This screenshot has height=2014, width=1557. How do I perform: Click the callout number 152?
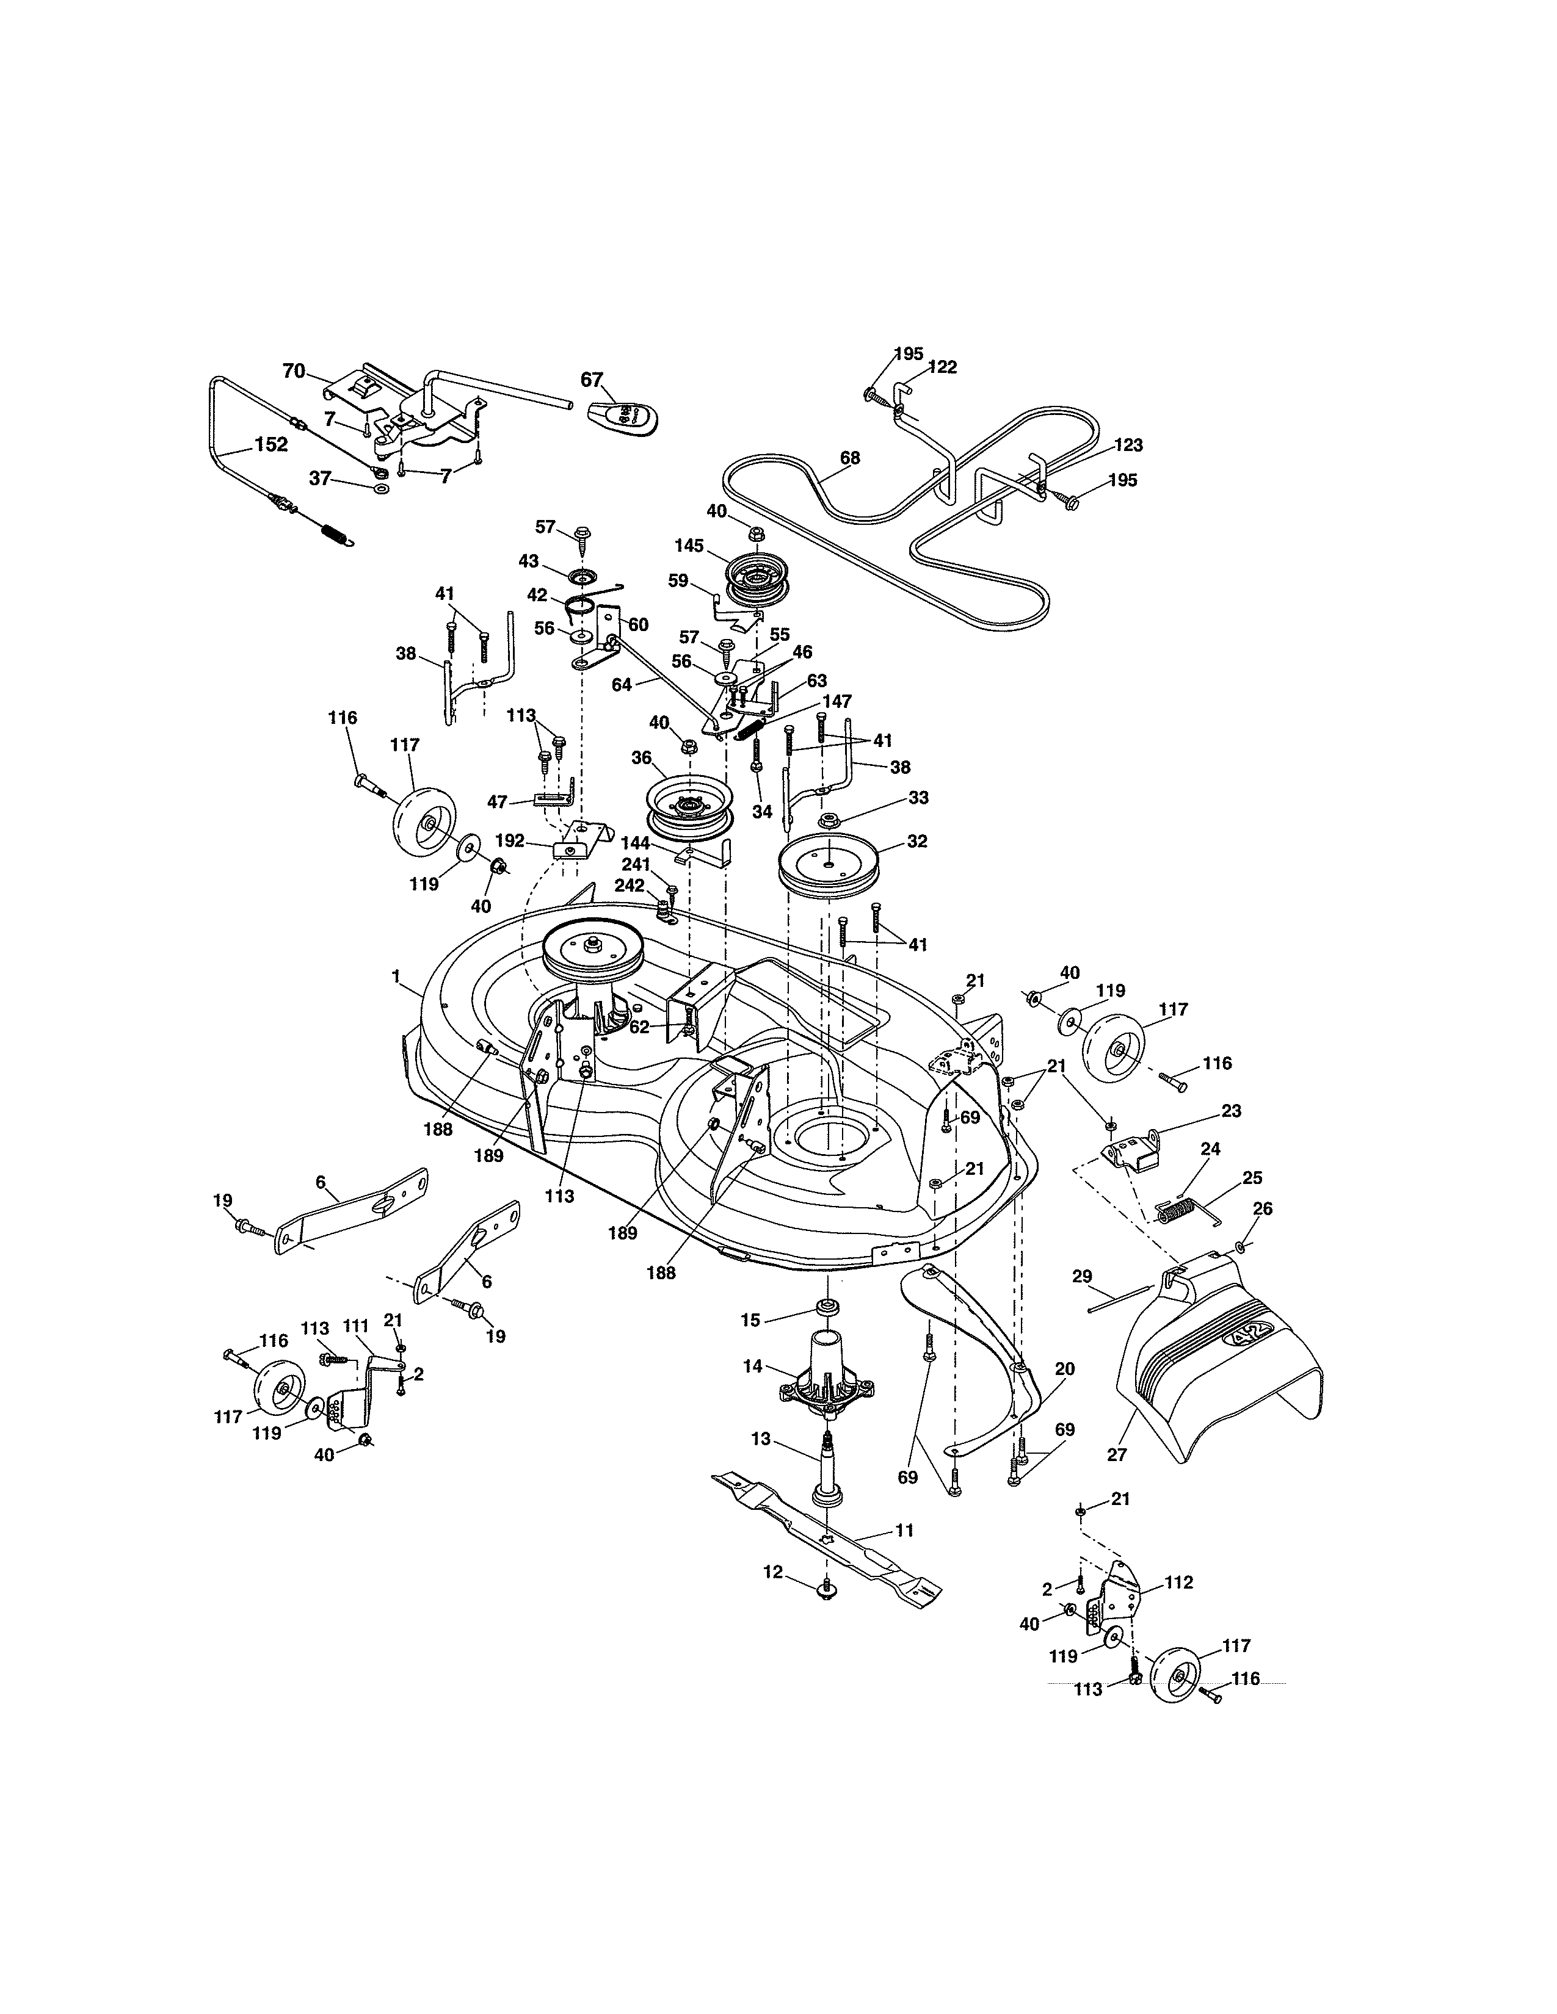click(x=270, y=444)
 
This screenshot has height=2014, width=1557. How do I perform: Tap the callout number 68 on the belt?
click(x=849, y=457)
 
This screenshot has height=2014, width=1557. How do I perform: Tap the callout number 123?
click(x=1127, y=446)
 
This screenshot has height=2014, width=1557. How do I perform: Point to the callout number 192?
click(x=509, y=841)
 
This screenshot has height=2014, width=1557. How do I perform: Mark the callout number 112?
click(x=1178, y=1583)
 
